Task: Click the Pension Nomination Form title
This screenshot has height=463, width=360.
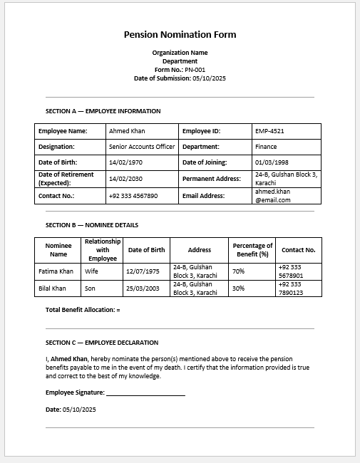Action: tap(180, 34)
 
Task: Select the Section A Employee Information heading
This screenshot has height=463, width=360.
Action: tap(103, 111)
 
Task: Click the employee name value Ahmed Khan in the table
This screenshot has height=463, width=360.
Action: tap(127, 131)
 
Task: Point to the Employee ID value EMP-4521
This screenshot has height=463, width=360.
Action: tap(270, 131)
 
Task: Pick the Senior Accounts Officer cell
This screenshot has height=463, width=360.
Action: tap(141, 147)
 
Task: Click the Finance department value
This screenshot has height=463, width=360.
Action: tap(266, 147)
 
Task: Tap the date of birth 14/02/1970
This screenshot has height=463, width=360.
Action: tap(125, 162)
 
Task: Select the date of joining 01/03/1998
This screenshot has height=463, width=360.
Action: tap(272, 162)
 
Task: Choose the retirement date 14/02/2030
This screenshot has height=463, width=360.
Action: tap(125, 179)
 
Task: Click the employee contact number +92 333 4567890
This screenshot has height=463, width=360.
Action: tap(133, 196)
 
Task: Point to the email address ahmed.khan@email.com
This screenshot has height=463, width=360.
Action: tap(273, 196)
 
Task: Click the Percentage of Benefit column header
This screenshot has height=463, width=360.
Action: tap(253, 250)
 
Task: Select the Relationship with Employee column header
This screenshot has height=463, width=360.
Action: tap(103, 250)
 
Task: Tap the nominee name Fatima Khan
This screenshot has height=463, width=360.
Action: tap(56, 271)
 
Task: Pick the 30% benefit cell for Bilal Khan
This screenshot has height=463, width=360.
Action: tap(238, 288)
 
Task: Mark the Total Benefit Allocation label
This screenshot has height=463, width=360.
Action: tap(82, 310)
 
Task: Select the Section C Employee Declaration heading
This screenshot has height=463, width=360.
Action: tap(101, 343)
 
